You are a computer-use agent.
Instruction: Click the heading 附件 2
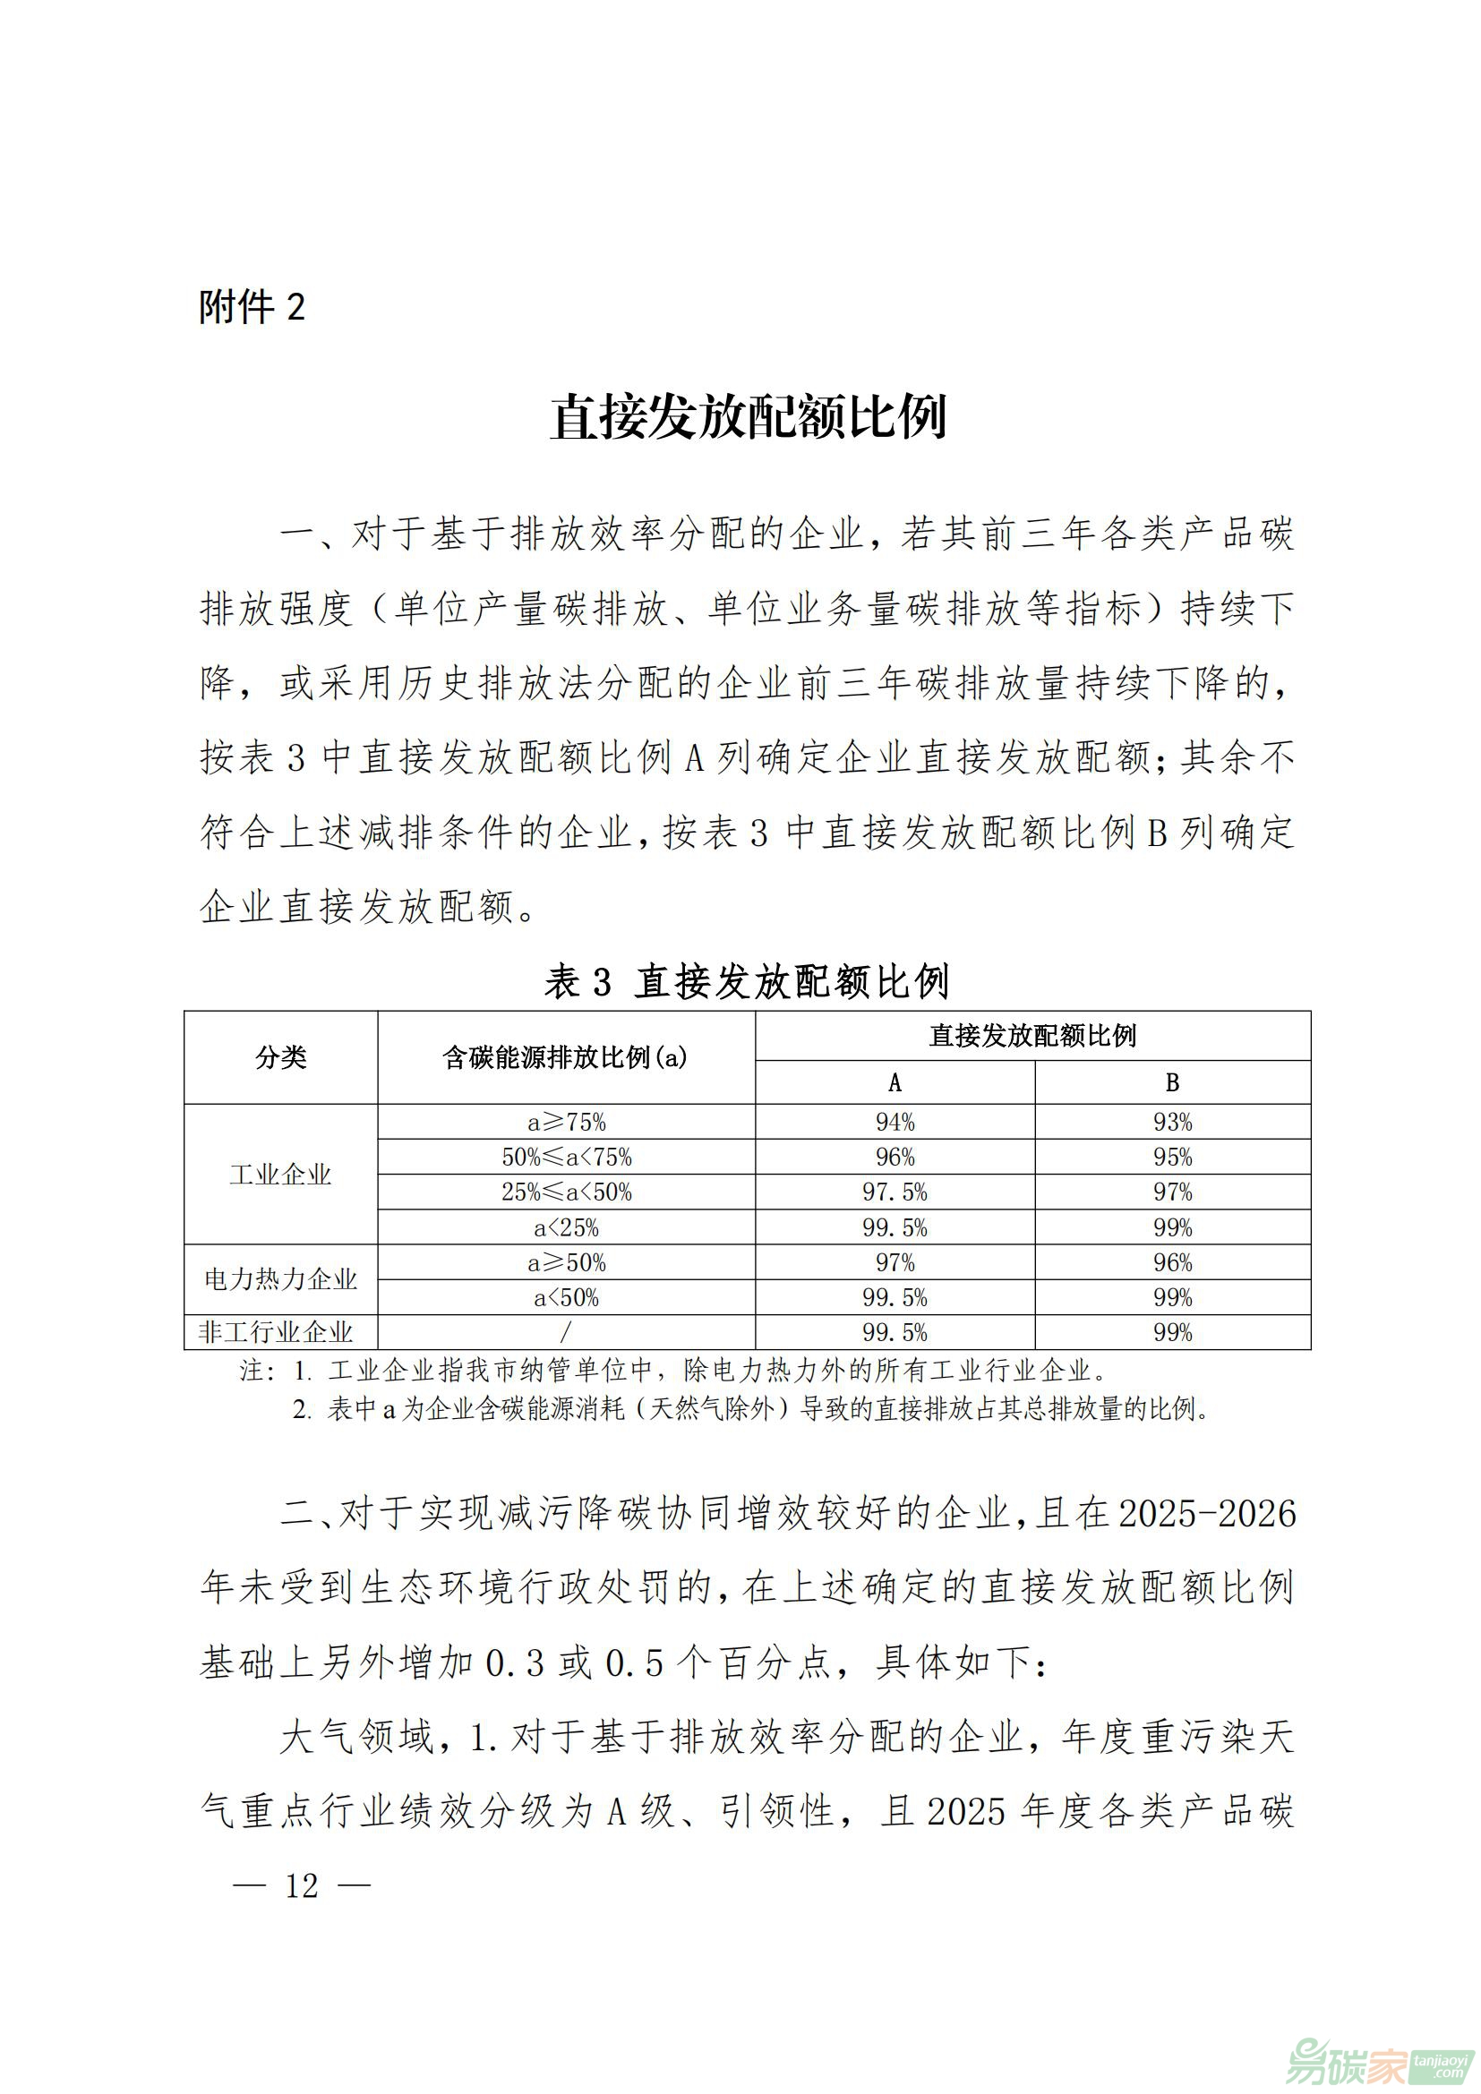tap(252, 307)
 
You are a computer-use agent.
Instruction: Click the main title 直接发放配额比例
tap(748, 418)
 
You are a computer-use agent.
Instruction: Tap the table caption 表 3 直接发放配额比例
tap(747, 981)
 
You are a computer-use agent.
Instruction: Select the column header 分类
tap(281, 1057)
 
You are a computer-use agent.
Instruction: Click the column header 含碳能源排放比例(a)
tap(565, 1057)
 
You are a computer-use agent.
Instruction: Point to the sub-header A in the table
tap(895, 1082)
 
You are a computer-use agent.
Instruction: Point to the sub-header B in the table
tap(1172, 1082)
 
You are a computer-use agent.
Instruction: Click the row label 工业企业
tap(281, 1175)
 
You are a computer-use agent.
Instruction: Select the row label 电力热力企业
tap(281, 1279)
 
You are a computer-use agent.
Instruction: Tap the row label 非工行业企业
tap(277, 1332)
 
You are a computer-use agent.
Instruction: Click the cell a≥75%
tap(566, 1122)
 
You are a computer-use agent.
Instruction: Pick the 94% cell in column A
tap(895, 1122)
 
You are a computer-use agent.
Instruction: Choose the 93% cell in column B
tap(1172, 1122)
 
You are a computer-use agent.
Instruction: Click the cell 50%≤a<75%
tap(566, 1158)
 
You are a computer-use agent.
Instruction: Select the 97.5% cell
tap(895, 1192)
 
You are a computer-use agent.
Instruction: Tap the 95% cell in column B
tap(1172, 1158)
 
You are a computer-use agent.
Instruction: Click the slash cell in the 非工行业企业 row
tap(566, 1332)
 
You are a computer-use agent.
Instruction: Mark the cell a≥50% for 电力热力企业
tap(566, 1263)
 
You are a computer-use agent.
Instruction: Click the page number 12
tap(302, 1885)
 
